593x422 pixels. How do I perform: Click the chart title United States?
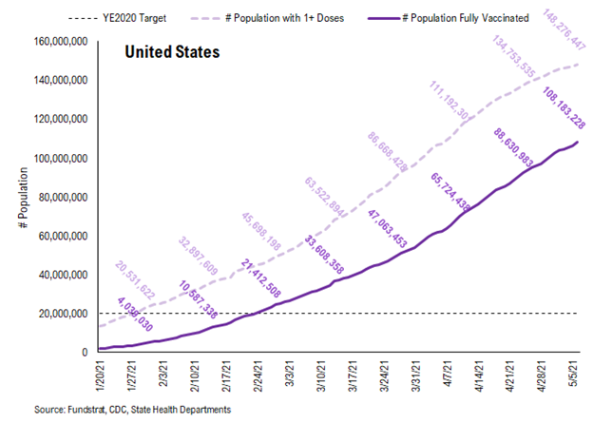click(173, 52)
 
